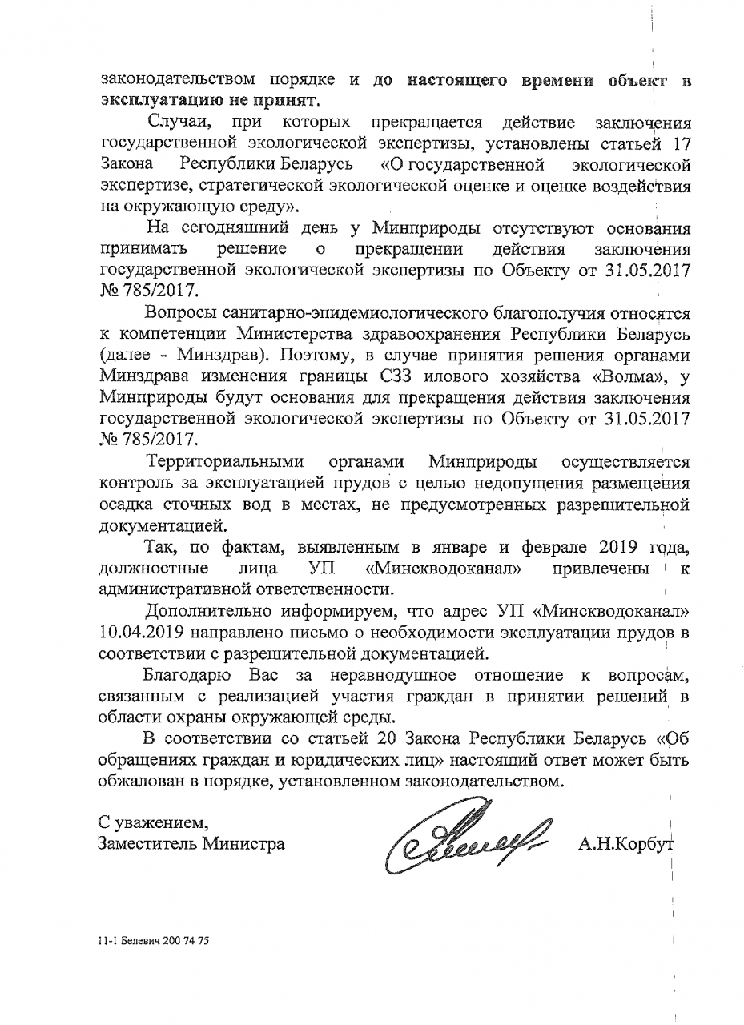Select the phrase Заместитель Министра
[191, 843]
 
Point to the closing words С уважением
[153, 822]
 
